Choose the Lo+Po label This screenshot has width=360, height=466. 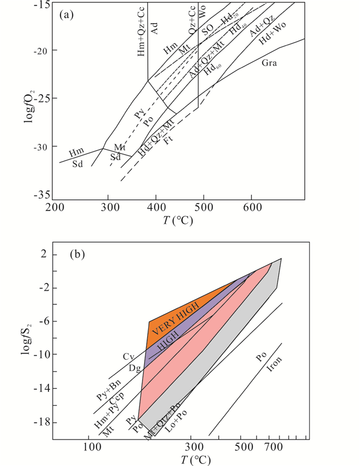pos(176,418)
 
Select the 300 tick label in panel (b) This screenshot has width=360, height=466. pos(191,445)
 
